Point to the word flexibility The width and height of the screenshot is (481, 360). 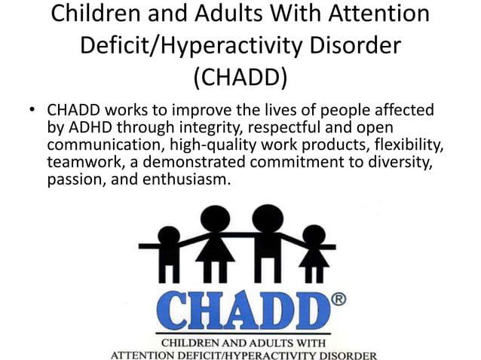(x=415, y=144)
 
